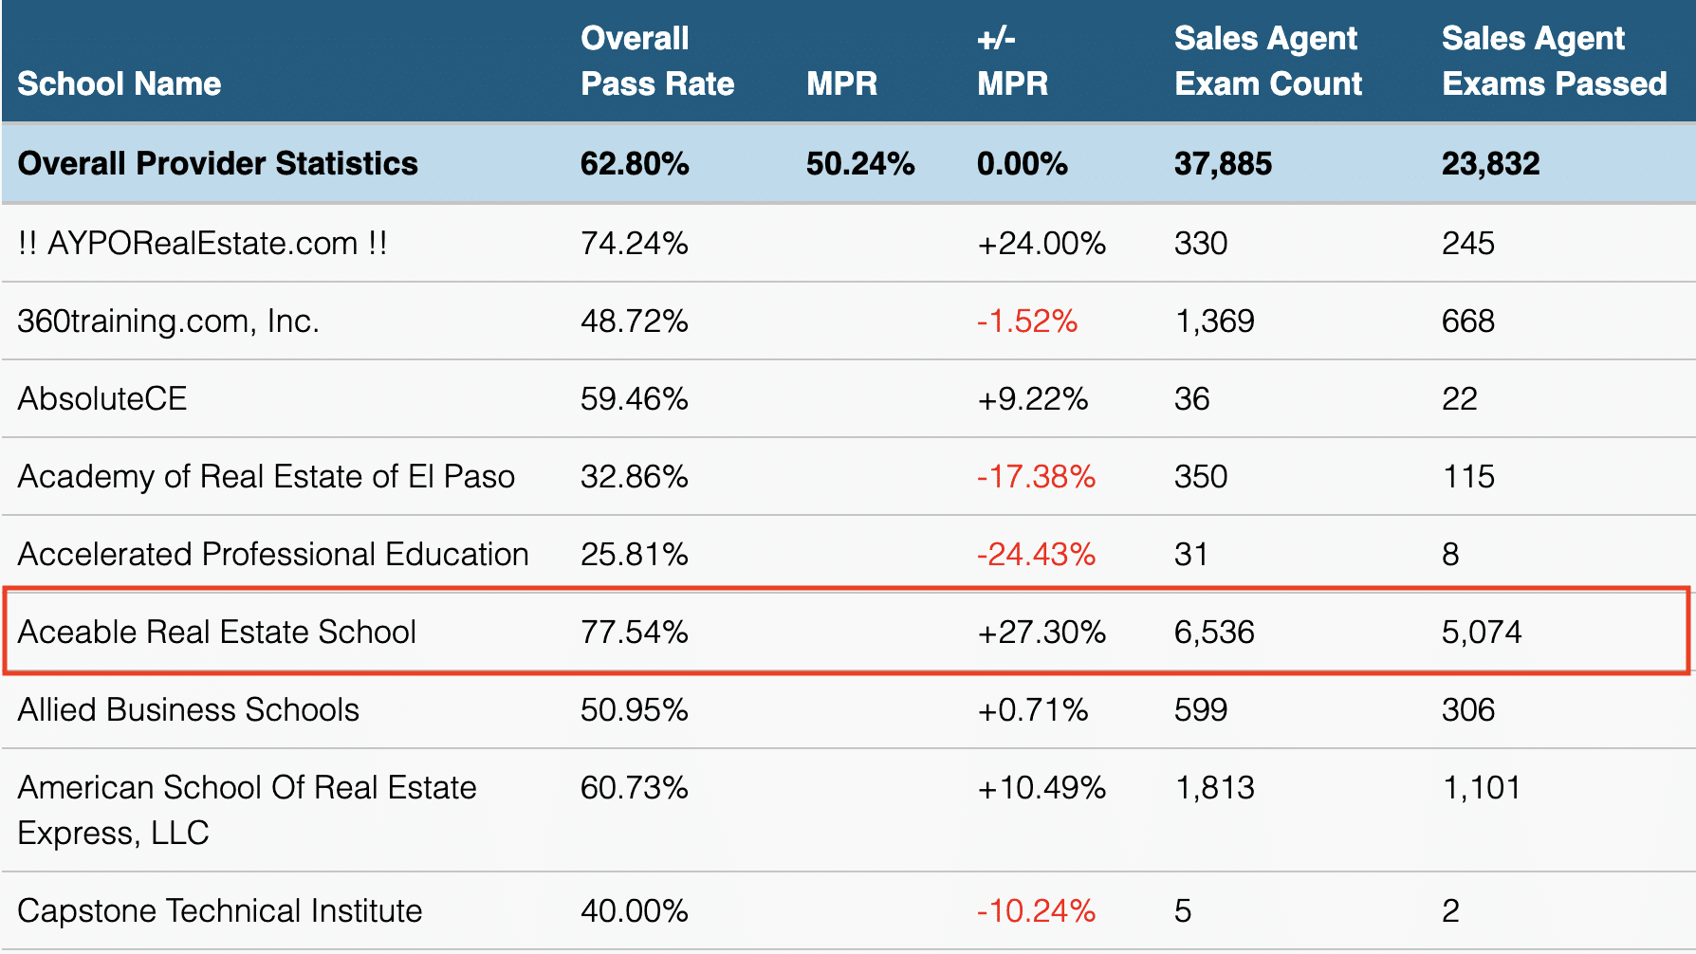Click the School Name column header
(119, 83)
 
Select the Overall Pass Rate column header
(656, 61)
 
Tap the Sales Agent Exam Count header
(1267, 61)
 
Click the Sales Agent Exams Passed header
(1553, 61)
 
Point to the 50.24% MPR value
(859, 163)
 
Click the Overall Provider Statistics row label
(217, 163)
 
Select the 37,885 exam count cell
(1222, 163)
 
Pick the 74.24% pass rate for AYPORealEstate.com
(634, 244)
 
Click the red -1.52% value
(1026, 321)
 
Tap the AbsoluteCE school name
(102, 399)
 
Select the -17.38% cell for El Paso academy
(1036, 477)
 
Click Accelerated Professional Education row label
(273, 555)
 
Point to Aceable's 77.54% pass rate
(634, 633)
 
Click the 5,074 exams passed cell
(1481, 633)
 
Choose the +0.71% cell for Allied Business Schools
(1032, 710)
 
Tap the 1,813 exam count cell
(1214, 788)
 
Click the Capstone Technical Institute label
(219, 911)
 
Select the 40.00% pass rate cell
(634, 911)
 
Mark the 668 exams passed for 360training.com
(1467, 321)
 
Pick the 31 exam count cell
(1190, 555)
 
